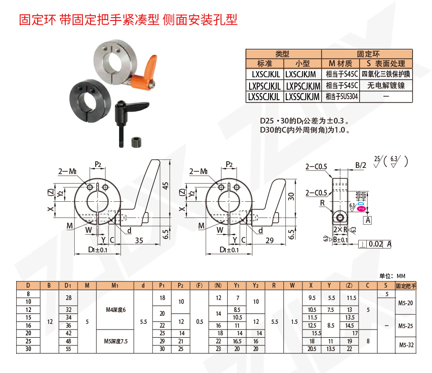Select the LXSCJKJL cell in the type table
pyautogui.click(x=265, y=74)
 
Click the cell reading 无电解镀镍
pyautogui.click(x=386, y=85)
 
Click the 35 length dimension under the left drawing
pyautogui.click(x=139, y=240)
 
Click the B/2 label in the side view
pyautogui.click(x=361, y=166)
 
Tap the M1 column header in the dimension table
pyautogui.click(x=115, y=286)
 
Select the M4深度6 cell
pyautogui.click(x=115, y=311)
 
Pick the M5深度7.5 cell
pyautogui.click(x=115, y=341)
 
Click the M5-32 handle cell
pyautogui.click(x=406, y=345)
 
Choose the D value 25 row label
pyautogui.click(x=28, y=341)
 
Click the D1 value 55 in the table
pyautogui.click(x=68, y=349)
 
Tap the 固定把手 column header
pyautogui.click(x=406, y=286)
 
